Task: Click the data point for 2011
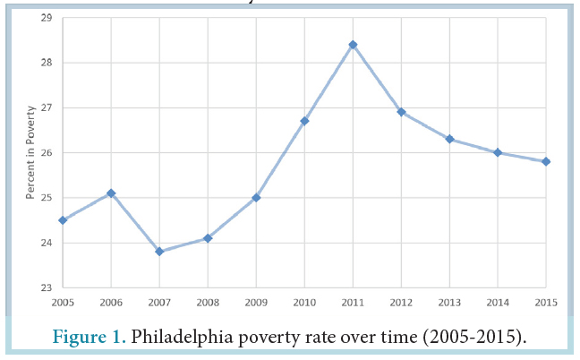pyautogui.click(x=353, y=44)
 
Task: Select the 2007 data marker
pyautogui.click(x=159, y=252)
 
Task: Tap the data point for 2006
pyautogui.click(x=111, y=193)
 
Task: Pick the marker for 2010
pyautogui.click(x=304, y=121)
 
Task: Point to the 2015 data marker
pyautogui.click(x=546, y=161)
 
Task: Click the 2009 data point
pyautogui.click(x=256, y=197)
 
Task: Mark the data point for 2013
pyautogui.click(x=449, y=139)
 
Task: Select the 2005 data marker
pyautogui.click(x=63, y=219)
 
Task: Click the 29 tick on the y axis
pyautogui.click(x=47, y=18)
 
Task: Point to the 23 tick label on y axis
pyautogui.click(x=47, y=287)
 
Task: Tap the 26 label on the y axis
pyautogui.click(x=47, y=153)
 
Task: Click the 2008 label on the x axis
pyautogui.click(x=208, y=302)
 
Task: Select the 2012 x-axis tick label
pyautogui.click(x=401, y=302)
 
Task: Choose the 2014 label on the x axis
pyautogui.click(x=498, y=302)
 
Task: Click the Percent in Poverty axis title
pyautogui.click(x=30, y=152)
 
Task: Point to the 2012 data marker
pyautogui.click(x=401, y=112)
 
